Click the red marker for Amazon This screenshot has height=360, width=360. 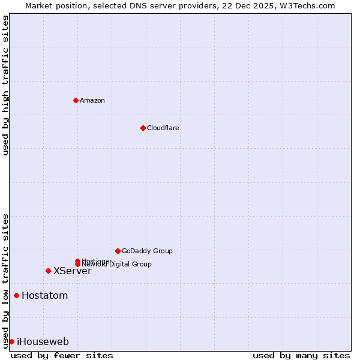[76, 100]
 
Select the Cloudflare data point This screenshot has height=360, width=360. [143, 128]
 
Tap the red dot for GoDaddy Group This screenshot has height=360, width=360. [118, 251]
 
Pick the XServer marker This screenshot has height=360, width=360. [48, 271]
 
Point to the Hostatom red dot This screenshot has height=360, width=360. [16, 295]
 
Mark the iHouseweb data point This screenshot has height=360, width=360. [11, 341]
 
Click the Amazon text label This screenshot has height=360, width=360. [92, 100]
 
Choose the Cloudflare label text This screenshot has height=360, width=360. [163, 128]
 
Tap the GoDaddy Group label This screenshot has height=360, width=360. [147, 251]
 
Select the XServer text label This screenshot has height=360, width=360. [73, 271]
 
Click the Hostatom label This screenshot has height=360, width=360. [45, 295]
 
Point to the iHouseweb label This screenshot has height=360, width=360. [43, 341]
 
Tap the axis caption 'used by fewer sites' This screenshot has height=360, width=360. [62, 355]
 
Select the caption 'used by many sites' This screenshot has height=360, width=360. [301, 355]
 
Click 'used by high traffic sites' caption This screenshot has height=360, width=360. [5, 85]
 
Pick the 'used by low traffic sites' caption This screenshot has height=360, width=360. [5, 280]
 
